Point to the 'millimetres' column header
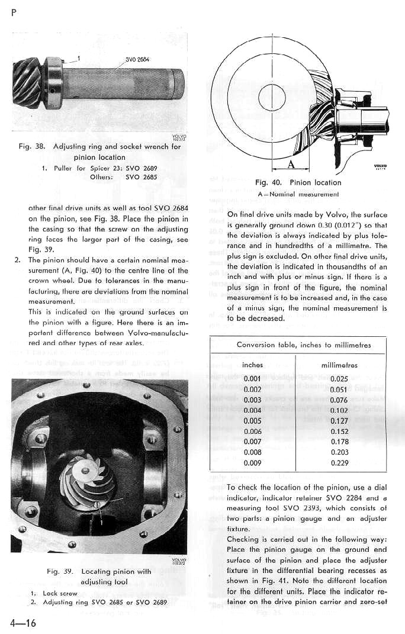(x=339, y=365)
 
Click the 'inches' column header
(x=253, y=365)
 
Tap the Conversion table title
(x=304, y=345)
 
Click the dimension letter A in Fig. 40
(x=291, y=165)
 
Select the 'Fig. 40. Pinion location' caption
(x=298, y=182)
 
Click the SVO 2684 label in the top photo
(x=137, y=60)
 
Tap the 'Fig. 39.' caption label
(x=60, y=571)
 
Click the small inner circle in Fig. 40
(x=272, y=94)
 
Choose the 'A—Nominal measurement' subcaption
(x=298, y=194)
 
